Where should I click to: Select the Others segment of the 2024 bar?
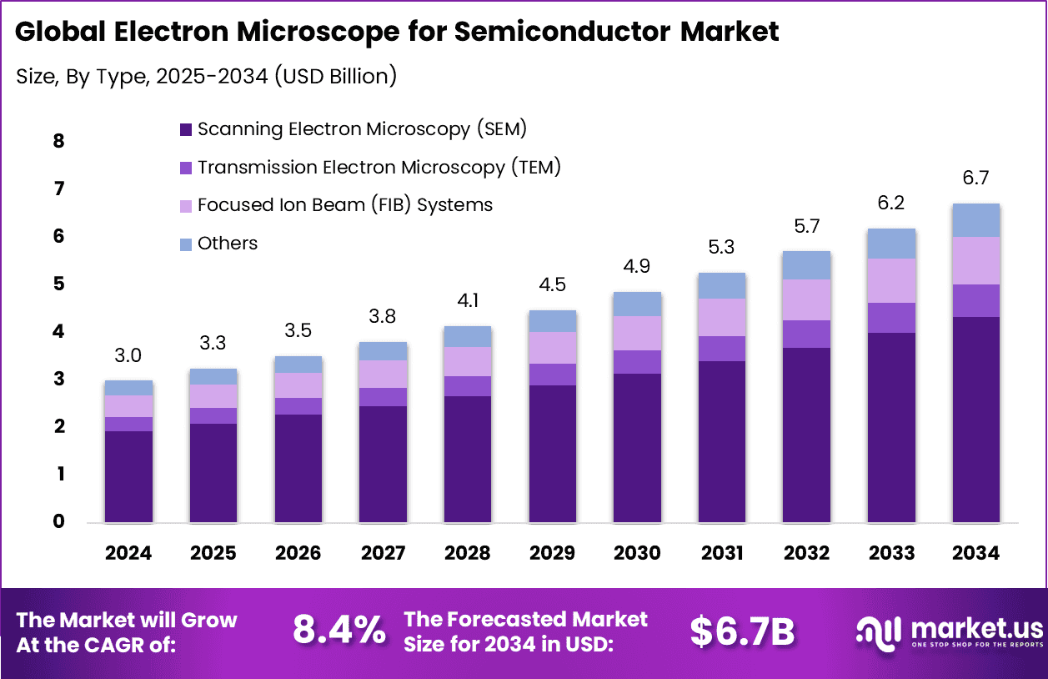click(128, 388)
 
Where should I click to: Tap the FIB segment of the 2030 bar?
click(637, 333)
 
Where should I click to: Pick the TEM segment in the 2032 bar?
click(806, 334)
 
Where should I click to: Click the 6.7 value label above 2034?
click(975, 179)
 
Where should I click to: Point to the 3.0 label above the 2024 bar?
click(128, 356)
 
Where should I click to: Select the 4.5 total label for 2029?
click(552, 284)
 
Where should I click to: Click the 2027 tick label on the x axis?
click(383, 553)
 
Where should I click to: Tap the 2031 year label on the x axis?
click(722, 553)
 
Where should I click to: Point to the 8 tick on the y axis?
click(58, 141)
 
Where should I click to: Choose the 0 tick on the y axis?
click(58, 522)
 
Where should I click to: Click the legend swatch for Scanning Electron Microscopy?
click(186, 130)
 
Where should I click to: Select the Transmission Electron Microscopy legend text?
click(379, 167)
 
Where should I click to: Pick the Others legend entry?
click(228, 243)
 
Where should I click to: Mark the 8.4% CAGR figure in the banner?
click(339, 631)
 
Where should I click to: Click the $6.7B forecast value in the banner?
click(742, 631)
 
